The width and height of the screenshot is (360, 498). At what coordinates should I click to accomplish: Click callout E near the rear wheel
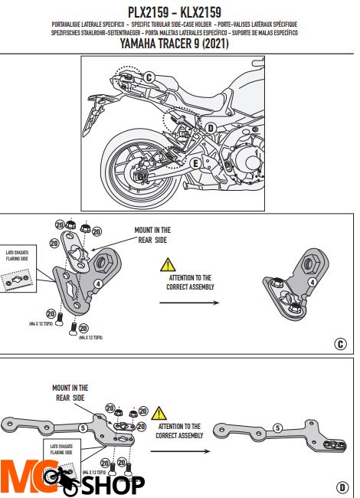(195, 162)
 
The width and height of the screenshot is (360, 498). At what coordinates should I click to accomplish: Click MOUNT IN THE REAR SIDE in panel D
(70, 393)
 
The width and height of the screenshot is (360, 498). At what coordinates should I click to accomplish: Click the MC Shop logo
(73, 480)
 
